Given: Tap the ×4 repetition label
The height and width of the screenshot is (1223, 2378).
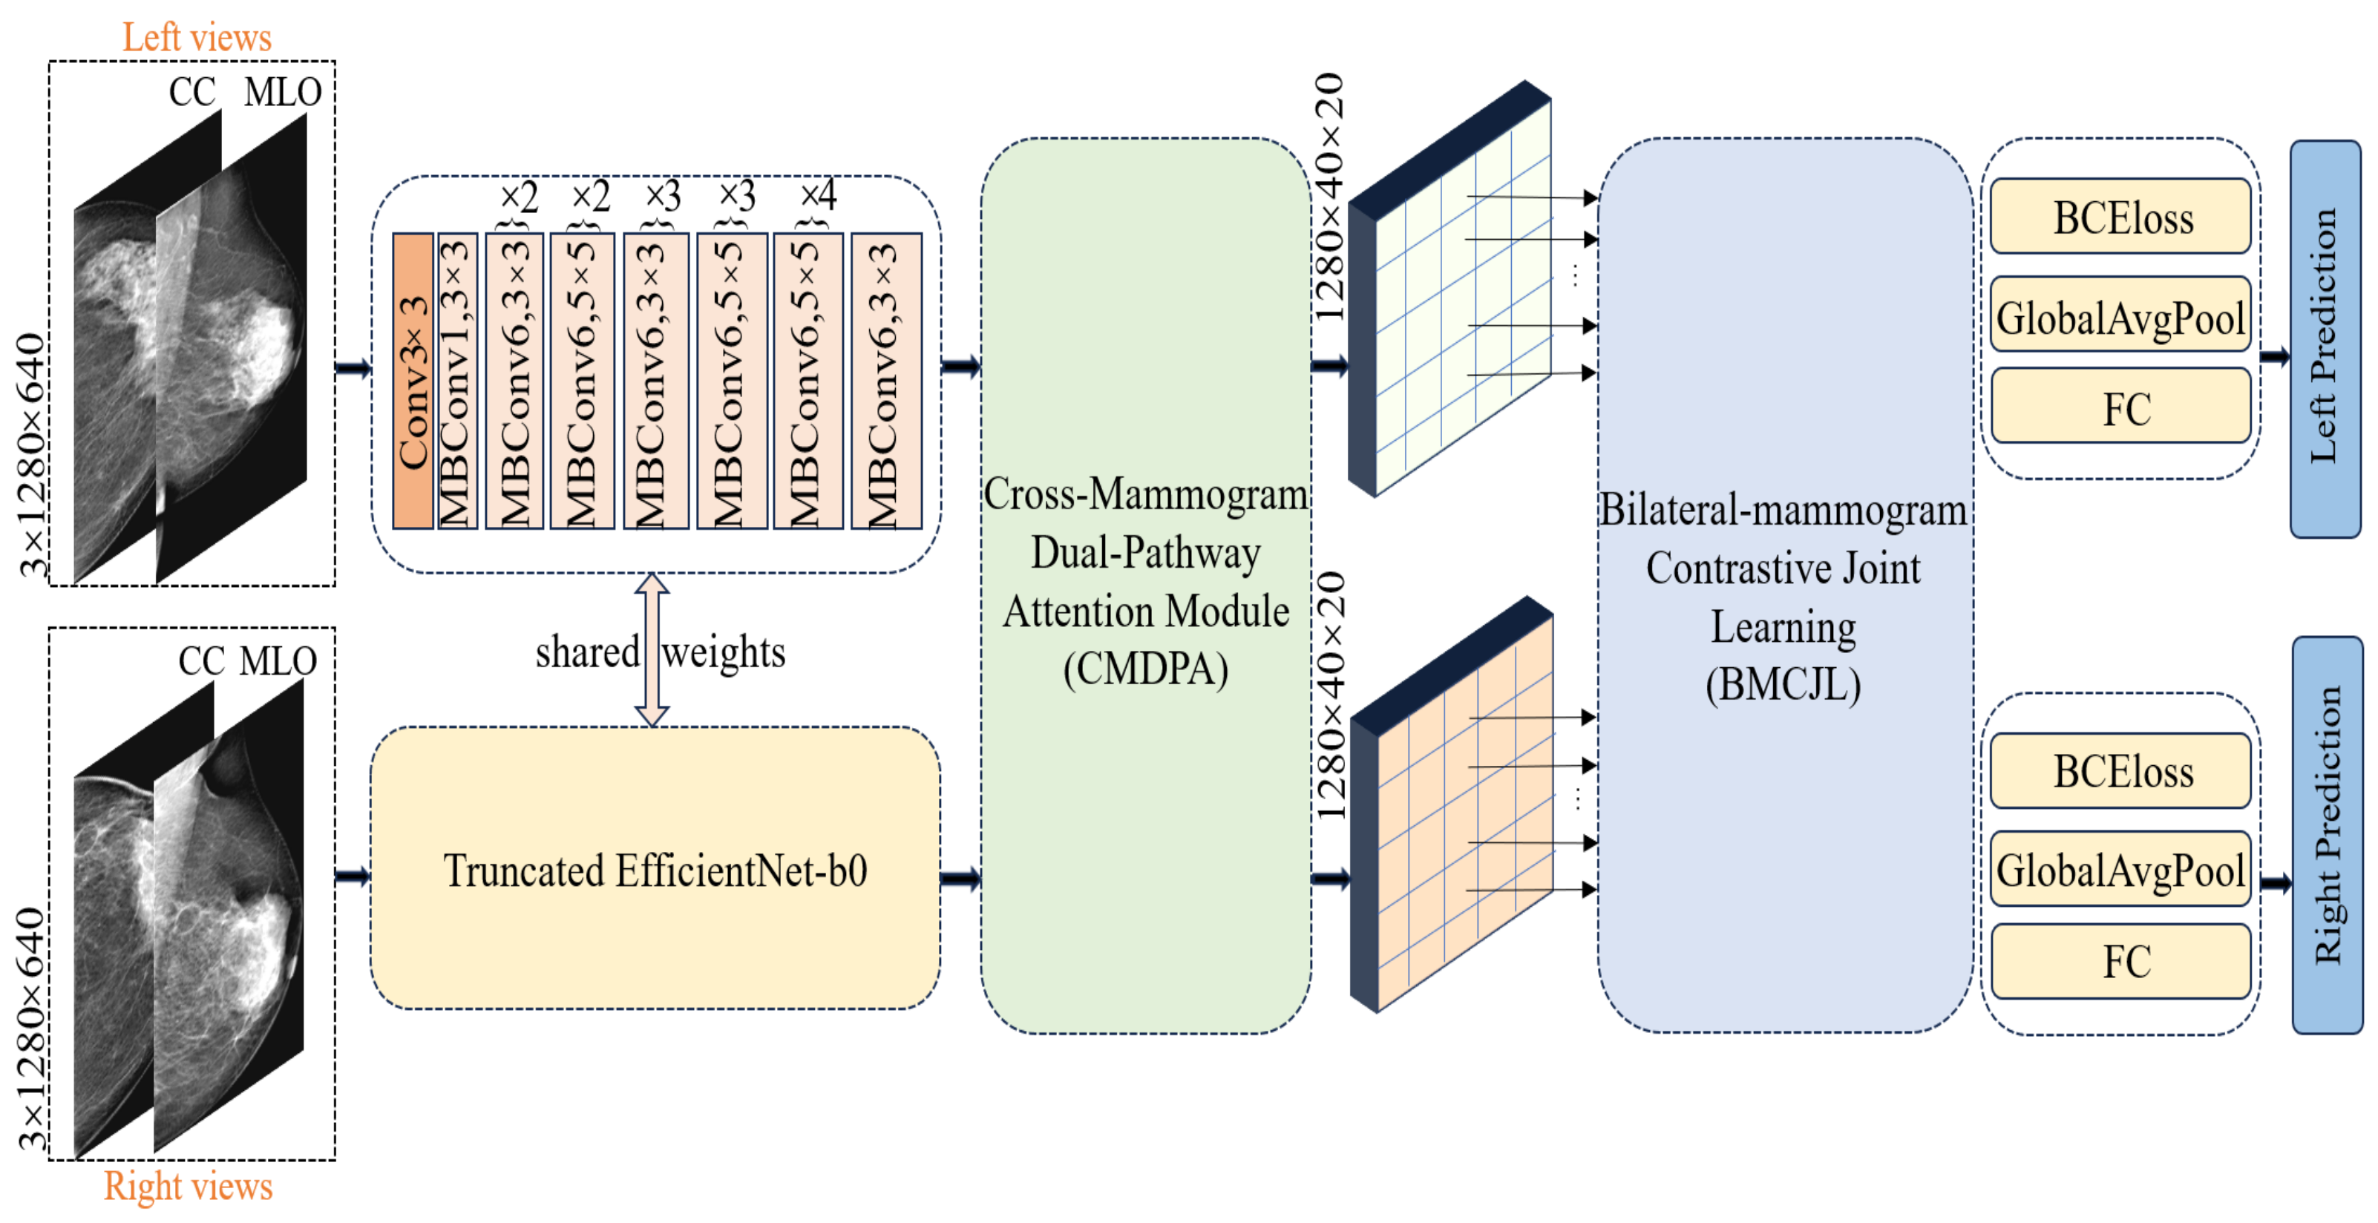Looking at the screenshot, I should (817, 194).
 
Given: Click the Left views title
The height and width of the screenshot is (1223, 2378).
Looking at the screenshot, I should (197, 38).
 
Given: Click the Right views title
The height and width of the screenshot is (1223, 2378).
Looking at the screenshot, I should (189, 1185).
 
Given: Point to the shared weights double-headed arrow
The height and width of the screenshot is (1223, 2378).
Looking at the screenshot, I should (652, 650).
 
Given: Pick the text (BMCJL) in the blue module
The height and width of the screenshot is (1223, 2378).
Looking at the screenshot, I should (1783, 684).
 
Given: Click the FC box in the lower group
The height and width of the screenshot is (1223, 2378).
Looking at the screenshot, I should (2120, 961).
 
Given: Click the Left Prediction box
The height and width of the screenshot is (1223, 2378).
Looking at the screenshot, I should (2325, 338).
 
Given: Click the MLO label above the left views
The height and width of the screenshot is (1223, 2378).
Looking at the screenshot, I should (283, 92).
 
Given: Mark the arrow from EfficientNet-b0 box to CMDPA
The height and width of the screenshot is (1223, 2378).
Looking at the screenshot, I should (960, 877).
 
